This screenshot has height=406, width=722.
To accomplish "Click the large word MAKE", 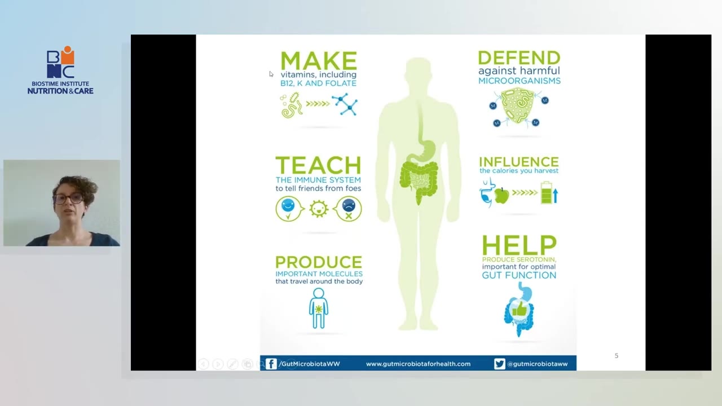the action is click(x=319, y=60).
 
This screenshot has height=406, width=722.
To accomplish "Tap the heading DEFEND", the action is click(x=519, y=58).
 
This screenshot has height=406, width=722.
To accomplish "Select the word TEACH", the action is click(x=318, y=165).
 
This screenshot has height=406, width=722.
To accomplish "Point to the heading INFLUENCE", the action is click(x=518, y=162).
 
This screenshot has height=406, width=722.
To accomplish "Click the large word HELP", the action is click(x=520, y=245).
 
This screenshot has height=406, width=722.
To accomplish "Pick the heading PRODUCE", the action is click(x=319, y=262).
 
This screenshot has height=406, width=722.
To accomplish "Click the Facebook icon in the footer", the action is click(x=271, y=364).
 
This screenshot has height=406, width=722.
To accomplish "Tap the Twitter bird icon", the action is click(x=499, y=364).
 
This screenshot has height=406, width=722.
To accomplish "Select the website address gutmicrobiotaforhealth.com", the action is click(x=418, y=364).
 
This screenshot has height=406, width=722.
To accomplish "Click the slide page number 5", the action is click(x=617, y=356).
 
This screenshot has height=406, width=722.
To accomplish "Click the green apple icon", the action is click(x=501, y=195).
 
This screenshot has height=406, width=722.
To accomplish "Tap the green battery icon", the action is click(x=547, y=193).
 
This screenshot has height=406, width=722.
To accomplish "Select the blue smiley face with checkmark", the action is click(x=289, y=209).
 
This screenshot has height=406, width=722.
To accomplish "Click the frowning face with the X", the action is click(x=348, y=209).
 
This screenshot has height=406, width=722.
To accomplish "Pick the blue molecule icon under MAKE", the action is click(x=345, y=104).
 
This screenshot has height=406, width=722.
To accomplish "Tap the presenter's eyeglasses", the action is click(x=68, y=198).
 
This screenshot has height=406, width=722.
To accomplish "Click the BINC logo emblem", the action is click(x=60, y=62).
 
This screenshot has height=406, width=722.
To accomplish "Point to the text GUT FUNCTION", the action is click(x=519, y=275).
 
